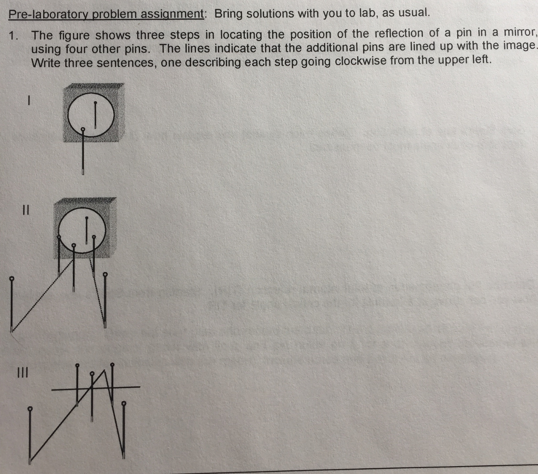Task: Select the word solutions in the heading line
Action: pos(270,14)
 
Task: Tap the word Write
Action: pos(45,63)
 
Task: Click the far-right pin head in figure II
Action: pos(105,274)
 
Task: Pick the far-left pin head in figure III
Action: pos(29,408)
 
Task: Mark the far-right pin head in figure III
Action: pos(124,404)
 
